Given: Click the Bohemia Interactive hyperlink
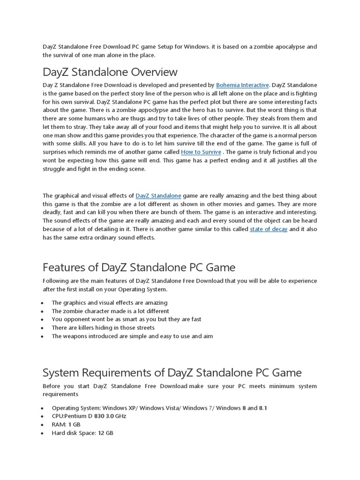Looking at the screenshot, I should [242, 85].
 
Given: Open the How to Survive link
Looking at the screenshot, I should [200, 152].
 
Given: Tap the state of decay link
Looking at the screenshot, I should [269, 229].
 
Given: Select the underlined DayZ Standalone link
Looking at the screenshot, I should [158, 195].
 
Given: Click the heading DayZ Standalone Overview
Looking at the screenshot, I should [110, 72].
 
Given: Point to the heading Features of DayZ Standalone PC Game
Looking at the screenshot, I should [139, 267].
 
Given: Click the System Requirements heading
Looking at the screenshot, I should [172, 373].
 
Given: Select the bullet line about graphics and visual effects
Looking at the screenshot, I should [109, 303].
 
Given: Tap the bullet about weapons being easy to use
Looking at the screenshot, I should [132, 336].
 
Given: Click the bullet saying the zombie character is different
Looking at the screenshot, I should [110, 311].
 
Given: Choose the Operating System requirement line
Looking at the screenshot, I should [159, 408].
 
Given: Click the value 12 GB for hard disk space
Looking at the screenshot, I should [105, 433].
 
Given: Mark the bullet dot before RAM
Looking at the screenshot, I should [42, 425].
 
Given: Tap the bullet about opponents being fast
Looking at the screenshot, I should [126, 319].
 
